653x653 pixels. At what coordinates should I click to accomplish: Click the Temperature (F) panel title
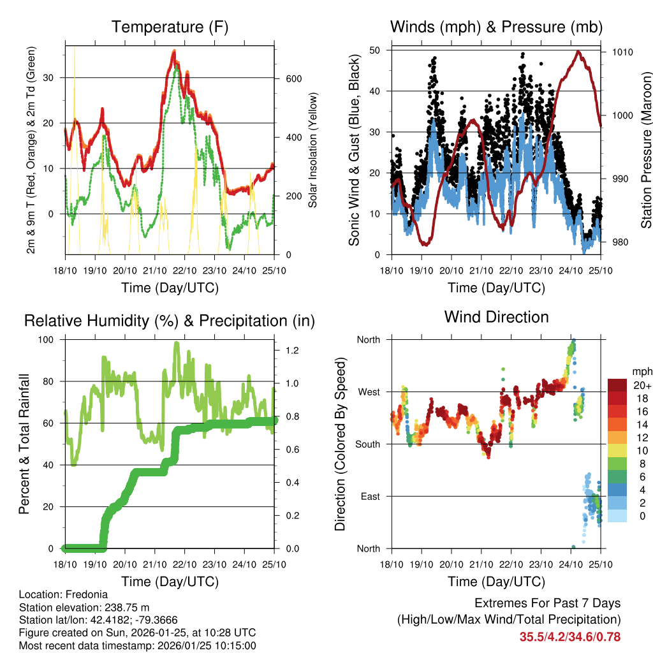[170, 27]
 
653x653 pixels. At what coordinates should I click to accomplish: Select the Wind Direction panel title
[496, 317]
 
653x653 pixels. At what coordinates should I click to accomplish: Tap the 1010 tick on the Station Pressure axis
[622, 52]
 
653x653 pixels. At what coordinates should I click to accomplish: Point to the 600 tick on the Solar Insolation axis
[293, 78]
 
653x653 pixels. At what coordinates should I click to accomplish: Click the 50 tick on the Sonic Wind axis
[374, 50]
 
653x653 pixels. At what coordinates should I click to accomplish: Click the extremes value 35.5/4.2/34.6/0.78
[570, 636]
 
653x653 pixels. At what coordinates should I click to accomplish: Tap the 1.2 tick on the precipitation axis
[290, 350]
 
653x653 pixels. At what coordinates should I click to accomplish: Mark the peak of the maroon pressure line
[578, 52]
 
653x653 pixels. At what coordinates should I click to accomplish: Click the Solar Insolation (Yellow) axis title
[313, 150]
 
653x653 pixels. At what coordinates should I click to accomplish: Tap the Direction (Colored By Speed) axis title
[341, 444]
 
